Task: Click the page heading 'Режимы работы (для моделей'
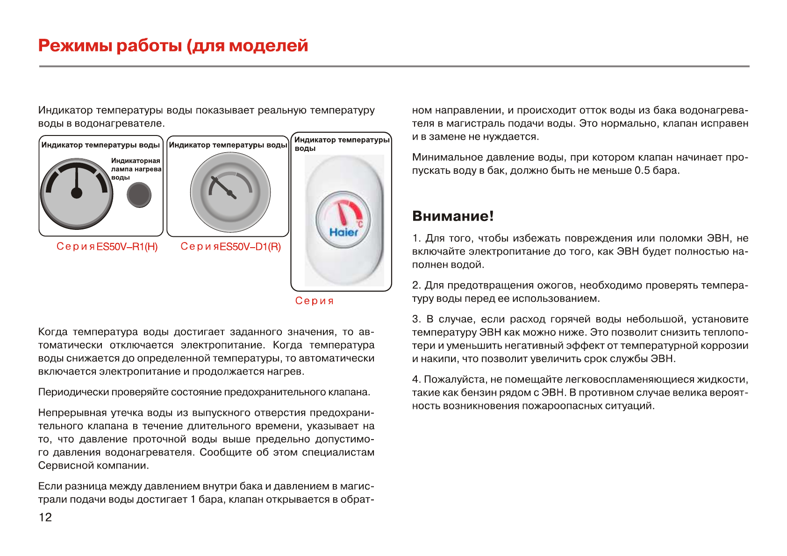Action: pos(173,46)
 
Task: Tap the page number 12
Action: pos(45,517)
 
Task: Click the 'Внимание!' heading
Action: pos(452,216)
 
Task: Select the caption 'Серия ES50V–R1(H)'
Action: pos(107,247)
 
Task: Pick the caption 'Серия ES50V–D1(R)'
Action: pos(231,247)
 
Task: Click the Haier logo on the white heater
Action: pos(343,232)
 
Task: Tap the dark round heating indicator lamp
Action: pos(139,195)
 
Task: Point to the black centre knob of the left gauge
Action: pos(76,192)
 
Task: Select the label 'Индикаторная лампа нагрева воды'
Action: pos(136,169)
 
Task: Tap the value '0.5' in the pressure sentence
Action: pos(642,171)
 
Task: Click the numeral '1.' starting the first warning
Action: pos(416,238)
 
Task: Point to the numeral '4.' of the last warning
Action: pos(416,379)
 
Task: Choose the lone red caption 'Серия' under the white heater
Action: pos(315,301)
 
